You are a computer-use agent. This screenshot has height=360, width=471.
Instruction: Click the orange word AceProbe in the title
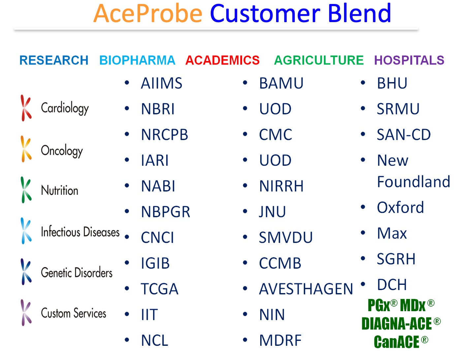tap(148, 13)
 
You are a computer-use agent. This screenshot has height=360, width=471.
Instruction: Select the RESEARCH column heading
tap(54, 60)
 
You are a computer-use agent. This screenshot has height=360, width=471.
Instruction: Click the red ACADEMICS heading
tap(222, 60)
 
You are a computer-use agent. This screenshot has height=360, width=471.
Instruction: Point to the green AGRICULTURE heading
tap(319, 60)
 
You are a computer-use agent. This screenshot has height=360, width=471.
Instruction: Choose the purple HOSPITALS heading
tap(409, 60)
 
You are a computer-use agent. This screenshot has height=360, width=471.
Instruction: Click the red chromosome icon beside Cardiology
tap(26, 108)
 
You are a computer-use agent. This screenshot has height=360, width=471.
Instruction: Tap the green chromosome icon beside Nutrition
tap(26, 190)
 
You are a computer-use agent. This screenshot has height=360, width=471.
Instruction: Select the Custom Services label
tap(73, 313)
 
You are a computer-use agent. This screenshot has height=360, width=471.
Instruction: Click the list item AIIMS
tap(161, 83)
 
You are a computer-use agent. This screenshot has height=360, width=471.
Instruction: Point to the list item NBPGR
tap(166, 212)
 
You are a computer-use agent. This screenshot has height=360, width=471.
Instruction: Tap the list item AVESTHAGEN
tap(306, 289)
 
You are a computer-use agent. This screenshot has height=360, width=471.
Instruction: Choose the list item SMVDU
tap(286, 238)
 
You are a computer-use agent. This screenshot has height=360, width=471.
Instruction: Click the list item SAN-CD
tap(404, 135)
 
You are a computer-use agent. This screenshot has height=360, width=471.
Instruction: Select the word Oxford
tap(400, 207)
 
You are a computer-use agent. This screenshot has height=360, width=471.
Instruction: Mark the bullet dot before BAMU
tap(245, 82)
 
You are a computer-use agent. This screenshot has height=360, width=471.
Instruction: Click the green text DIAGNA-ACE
tap(396, 323)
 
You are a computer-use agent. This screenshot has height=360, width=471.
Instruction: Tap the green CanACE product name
tap(396, 342)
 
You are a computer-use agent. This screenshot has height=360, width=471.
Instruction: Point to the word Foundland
tap(414, 182)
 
